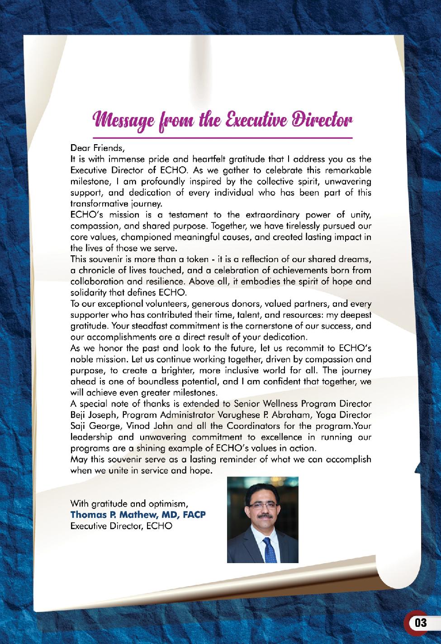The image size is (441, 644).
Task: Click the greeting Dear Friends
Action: pyautogui.click(x=97, y=148)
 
